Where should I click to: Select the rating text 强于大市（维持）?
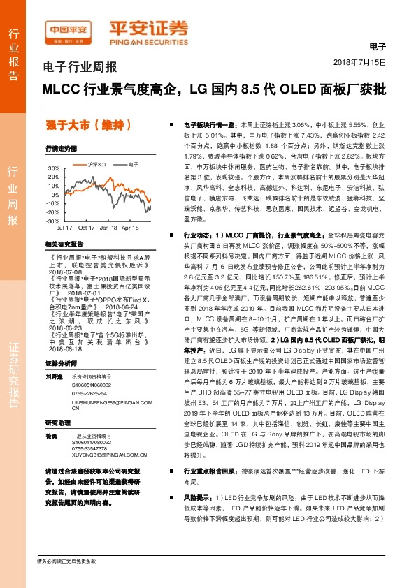[x=85, y=126]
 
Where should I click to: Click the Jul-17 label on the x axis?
[x=64, y=228]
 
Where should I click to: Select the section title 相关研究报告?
[x=64, y=244]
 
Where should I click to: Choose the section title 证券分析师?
[x=61, y=364]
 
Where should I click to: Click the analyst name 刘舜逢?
[x=55, y=376]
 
